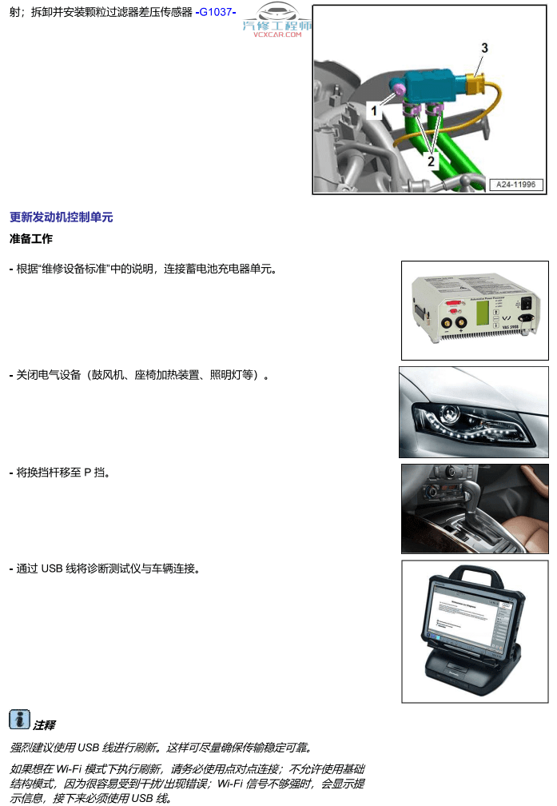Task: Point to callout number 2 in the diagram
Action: click(x=431, y=161)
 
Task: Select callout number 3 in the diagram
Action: click(x=484, y=49)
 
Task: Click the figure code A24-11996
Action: click(x=516, y=185)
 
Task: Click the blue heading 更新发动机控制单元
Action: click(x=62, y=217)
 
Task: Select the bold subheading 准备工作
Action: click(x=31, y=238)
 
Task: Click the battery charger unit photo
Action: click(x=475, y=309)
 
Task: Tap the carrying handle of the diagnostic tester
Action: click(x=473, y=573)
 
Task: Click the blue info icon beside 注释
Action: click(x=20, y=720)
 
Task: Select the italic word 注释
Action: click(x=44, y=725)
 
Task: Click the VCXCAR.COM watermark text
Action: click(x=277, y=34)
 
